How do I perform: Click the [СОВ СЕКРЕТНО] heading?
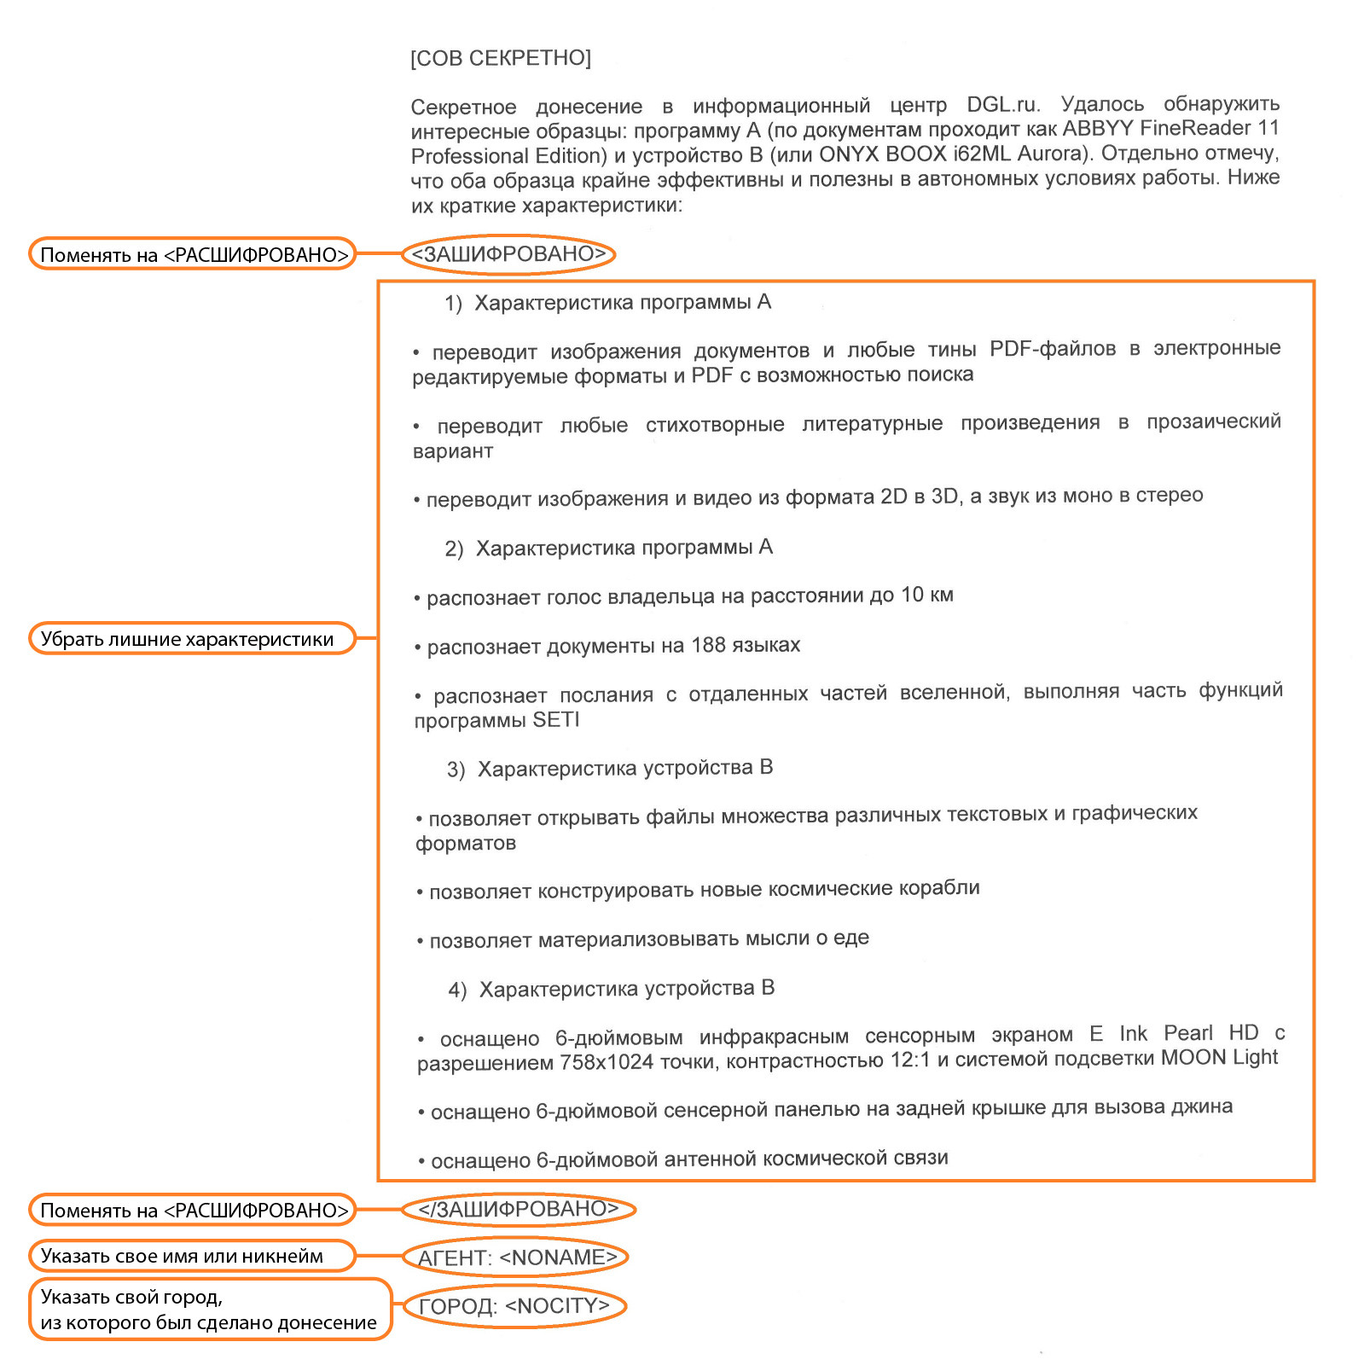pyautogui.click(x=500, y=58)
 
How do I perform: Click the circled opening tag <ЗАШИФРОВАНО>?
pyautogui.click(x=508, y=254)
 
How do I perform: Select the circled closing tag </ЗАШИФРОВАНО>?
pyautogui.click(x=518, y=1209)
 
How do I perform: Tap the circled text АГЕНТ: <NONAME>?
pyautogui.click(x=516, y=1258)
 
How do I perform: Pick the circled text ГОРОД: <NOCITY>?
pyautogui.click(x=514, y=1306)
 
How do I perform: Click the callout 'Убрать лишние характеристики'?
pyautogui.click(x=191, y=639)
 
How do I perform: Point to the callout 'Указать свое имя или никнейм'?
pyautogui.click(x=191, y=1256)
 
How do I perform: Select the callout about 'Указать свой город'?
pyautogui.click(x=210, y=1310)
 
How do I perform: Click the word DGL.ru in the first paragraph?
pyautogui.click(x=1003, y=105)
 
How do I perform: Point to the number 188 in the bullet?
pyautogui.click(x=708, y=645)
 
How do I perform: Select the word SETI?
pyautogui.click(x=556, y=720)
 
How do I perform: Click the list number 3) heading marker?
pyautogui.click(x=456, y=770)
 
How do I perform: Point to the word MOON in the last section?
pyautogui.click(x=1193, y=1058)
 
